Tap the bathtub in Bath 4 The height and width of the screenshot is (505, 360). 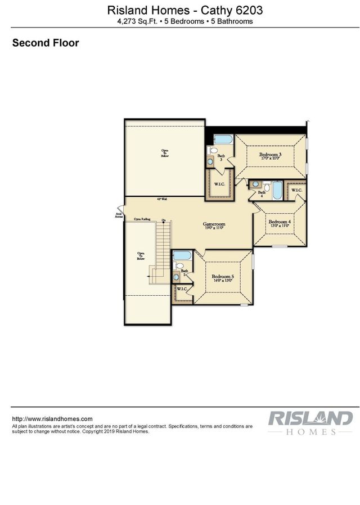coord(277,191)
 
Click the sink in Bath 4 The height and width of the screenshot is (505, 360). coord(256,184)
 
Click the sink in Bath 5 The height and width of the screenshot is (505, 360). coord(177,276)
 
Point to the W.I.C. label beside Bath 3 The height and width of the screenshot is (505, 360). coord(219,184)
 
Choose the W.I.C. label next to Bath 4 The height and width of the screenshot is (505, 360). coord(296,191)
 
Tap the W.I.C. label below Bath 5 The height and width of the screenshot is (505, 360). coord(182,289)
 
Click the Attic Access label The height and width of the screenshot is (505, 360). coord(119,215)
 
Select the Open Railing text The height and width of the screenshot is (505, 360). coord(142,219)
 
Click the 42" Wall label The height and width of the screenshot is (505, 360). coord(162,199)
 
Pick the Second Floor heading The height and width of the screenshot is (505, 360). coord(46,43)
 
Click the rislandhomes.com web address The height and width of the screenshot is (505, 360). coord(52,419)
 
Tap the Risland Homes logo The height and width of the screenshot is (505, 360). coord(310,422)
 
